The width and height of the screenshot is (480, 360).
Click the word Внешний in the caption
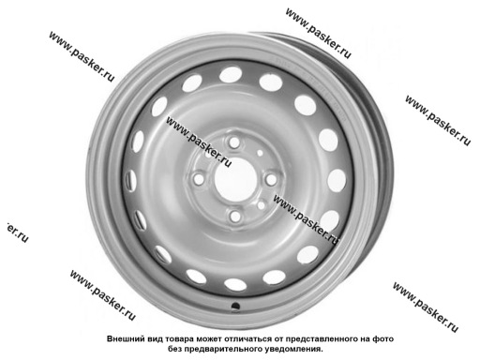click(128, 337)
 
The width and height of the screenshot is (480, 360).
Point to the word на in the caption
click(392, 337)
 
